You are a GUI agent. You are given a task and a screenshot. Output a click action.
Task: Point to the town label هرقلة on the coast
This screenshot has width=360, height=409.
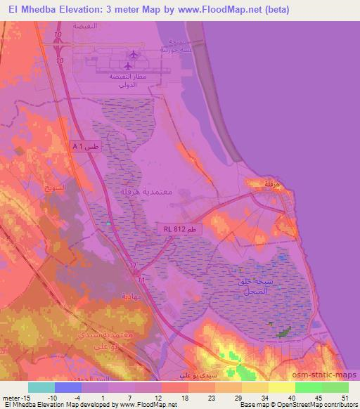[x=263, y=183]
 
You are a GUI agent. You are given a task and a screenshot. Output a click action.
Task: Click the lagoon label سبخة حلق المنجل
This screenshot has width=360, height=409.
[x=251, y=285]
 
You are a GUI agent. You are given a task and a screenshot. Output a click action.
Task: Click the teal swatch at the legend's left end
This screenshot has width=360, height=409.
[x=43, y=387]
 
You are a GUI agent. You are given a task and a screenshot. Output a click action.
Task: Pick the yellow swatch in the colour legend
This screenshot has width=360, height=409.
[x=281, y=387]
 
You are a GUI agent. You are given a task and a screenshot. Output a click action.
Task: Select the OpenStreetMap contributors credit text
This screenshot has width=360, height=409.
[x=317, y=405]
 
